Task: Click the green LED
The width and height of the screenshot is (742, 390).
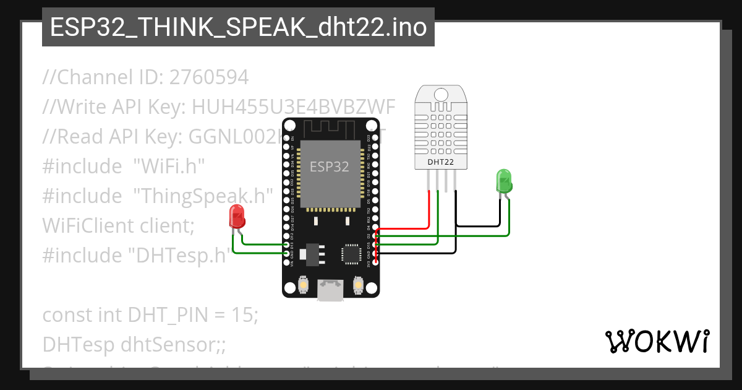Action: point(504,181)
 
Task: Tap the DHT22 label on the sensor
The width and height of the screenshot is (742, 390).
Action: point(440,162)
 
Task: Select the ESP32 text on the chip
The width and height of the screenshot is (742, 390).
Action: point(329,167)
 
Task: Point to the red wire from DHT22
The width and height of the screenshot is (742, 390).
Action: point(429,210)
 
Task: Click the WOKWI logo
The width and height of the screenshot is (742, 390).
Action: point(657,341)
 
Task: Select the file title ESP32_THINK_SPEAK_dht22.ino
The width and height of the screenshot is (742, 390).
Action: point(238,27)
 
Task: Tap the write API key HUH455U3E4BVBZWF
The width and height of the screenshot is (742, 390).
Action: point(294,107)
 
